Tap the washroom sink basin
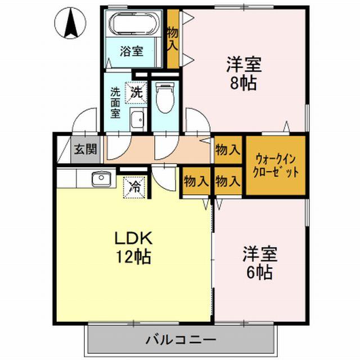tap(137, 119)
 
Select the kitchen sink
tap(100, 179)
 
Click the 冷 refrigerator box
tap(134, 186)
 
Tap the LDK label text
tap(132, 238)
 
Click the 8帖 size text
tap(242, 83)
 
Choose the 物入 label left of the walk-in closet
tap(228, 150)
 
